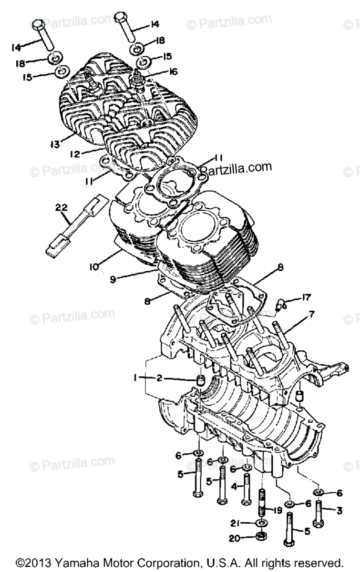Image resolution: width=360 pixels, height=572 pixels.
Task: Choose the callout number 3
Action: tap(339, 511)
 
